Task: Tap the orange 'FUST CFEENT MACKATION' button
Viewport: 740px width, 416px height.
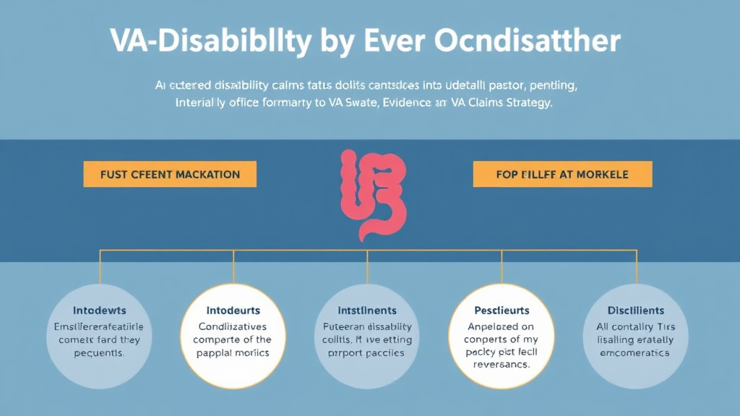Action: coord(170,174)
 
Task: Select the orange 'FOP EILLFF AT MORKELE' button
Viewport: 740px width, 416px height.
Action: coord(562,174)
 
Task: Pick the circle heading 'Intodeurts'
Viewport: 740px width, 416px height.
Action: coord(233,311)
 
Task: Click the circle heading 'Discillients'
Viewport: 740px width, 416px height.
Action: coord(636,311)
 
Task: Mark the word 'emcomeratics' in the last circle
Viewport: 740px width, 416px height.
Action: coord(636,353)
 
